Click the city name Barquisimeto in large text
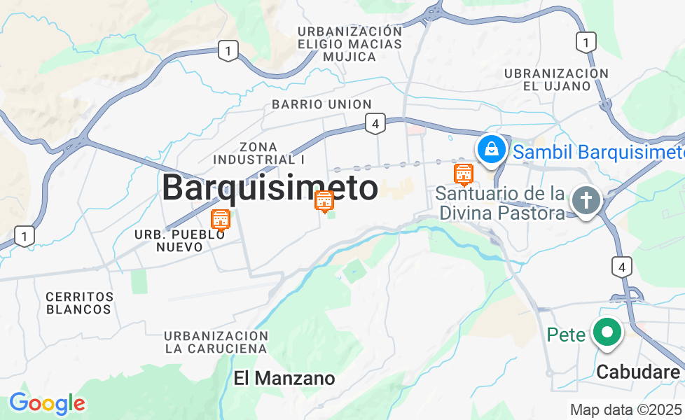(270, 188)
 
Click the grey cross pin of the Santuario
(586, 201)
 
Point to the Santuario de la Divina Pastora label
(500, 202)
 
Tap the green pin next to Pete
(607, 334)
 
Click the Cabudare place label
(637, 372)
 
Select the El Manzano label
(284, 379)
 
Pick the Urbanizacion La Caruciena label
(216, 342)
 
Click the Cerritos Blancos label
(79, 302)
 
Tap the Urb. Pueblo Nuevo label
(180, 241)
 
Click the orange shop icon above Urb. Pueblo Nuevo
(221, 220)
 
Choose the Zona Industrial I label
(258, 153)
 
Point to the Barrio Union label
(321, 104)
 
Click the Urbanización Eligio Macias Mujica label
(350, 44)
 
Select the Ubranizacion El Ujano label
(556, 80)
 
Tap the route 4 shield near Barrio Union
(375, 125)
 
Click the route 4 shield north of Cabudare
(621, 266)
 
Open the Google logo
(47, 403)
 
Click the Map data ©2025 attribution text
(625, 410)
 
